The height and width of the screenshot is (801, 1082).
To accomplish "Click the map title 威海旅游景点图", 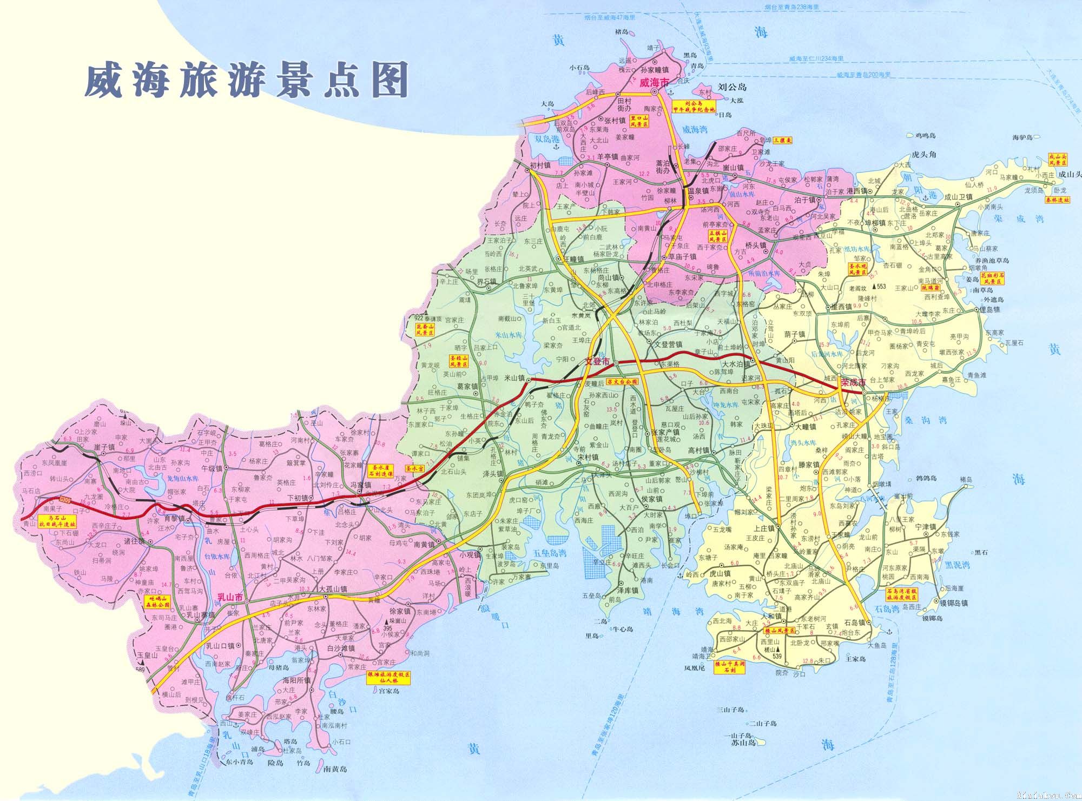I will (x=246, y=82).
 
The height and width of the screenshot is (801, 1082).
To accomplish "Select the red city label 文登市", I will (x=598, y=361).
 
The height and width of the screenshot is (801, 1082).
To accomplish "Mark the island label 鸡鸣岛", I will (x=925, y=136).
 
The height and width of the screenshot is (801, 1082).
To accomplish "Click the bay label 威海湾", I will (x=695, y=130).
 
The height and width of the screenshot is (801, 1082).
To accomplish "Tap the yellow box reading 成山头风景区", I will (x=1058, y=159).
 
